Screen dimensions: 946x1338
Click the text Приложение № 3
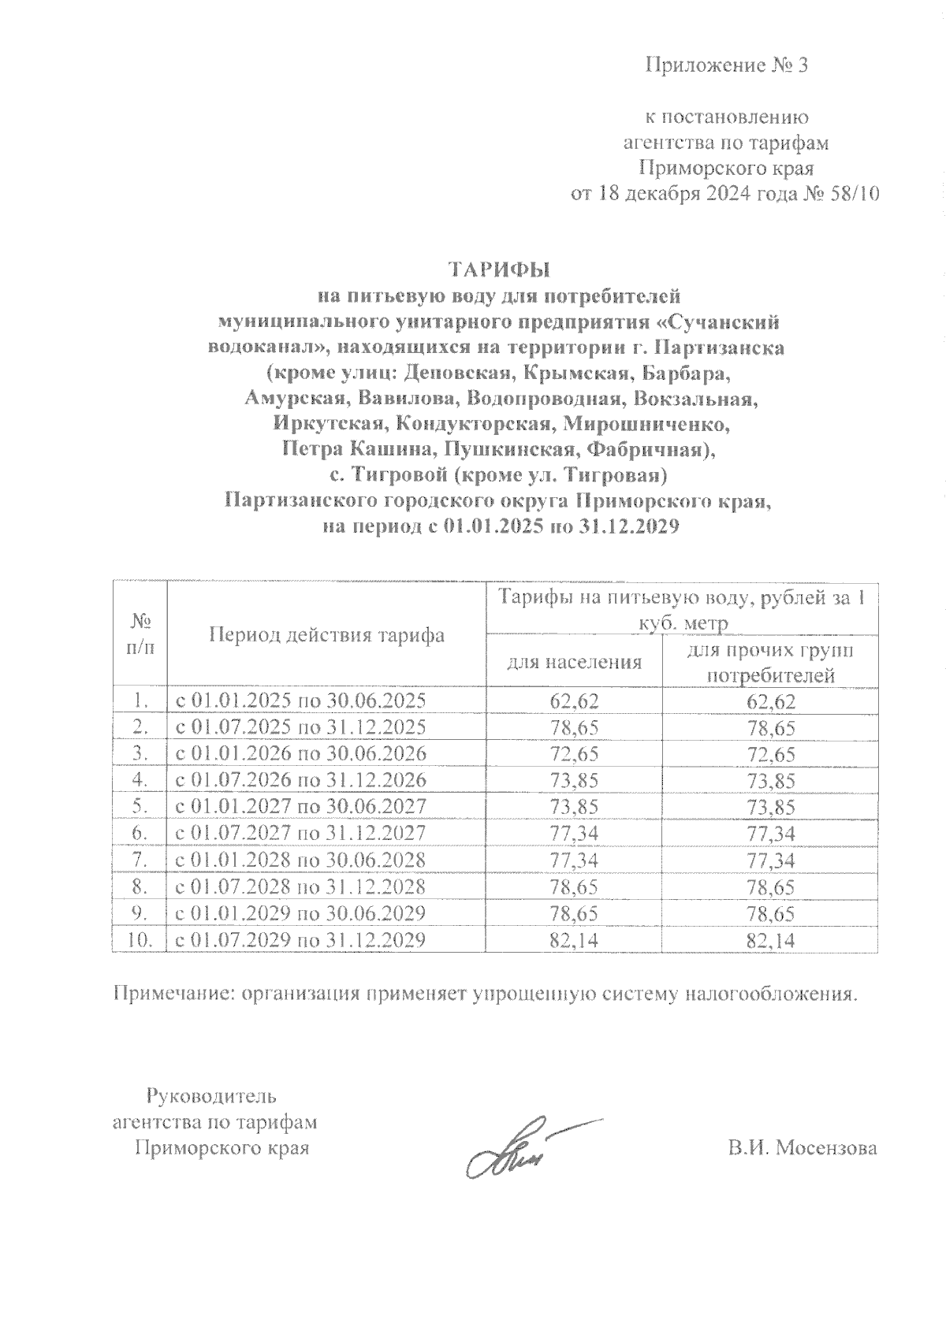tap(727, 65)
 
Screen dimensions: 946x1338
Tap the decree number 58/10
tap(852, 194)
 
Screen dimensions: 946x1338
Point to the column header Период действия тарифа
tap(326, 635)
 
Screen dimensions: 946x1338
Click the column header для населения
tap(574, 661)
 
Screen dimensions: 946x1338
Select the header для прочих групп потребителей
tap(770, 663)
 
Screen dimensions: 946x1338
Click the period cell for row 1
tap(300, 700)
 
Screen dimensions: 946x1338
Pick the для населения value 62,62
tap(574, 701)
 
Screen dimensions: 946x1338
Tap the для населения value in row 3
tap(574, 753)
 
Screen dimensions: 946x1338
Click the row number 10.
tap(140, 939)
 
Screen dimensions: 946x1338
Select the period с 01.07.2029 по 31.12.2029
tap(300, 939)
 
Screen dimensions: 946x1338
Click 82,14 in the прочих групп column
tap(770, 940)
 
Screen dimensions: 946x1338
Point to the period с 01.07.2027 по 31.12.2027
tap(300, 833)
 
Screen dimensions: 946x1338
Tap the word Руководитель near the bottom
tap(211, 1095)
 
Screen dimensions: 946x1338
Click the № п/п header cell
tap(140, 635)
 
